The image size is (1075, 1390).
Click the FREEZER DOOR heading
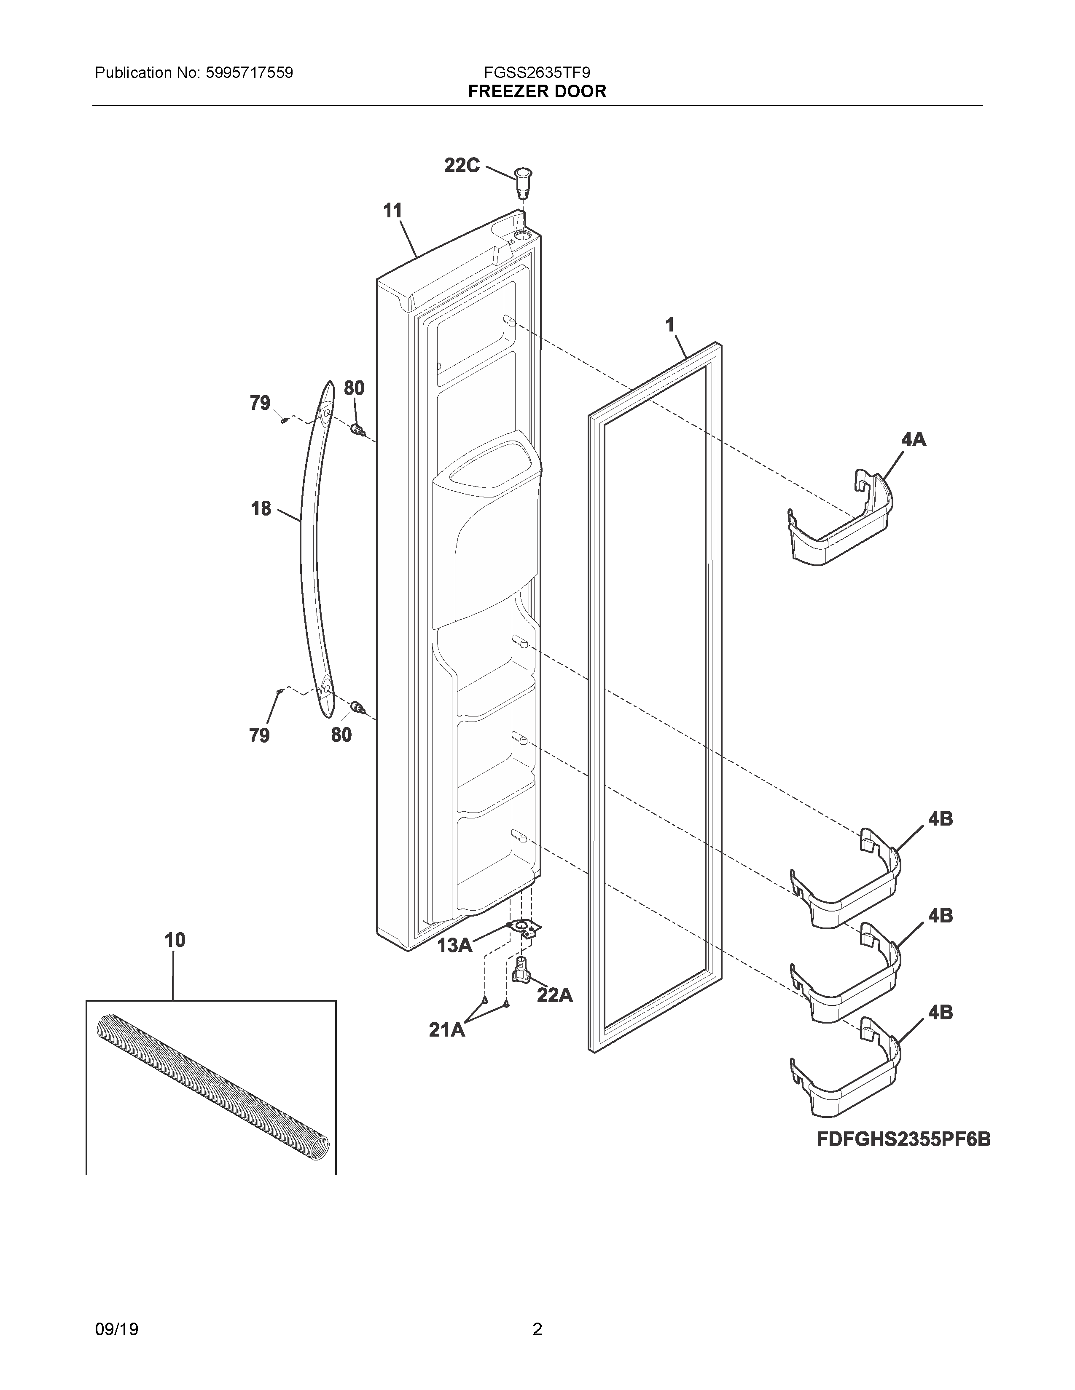pyautogui.click(x=537, y=92)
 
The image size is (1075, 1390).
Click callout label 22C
pyautogui.click(x=462, y=166)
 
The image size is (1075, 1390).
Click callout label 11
pyautogui.click(x=393, y=211)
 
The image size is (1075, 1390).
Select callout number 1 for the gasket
pyautogui.click(x=669, y=325)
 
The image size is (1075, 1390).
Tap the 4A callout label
pyautogui.click(x=913, y=439)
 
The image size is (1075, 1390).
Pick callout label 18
pyautogui.click(x=261, y=508)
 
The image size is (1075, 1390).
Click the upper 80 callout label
pyautogui.click(x=354, y=388)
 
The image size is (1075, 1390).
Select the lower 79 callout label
pyautogui.click(x=259, y=735)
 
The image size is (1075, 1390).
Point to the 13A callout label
pyautogui.click(x=455, y=946)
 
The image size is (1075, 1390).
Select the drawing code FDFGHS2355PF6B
pyautogui.click(x=903, y=1140)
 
